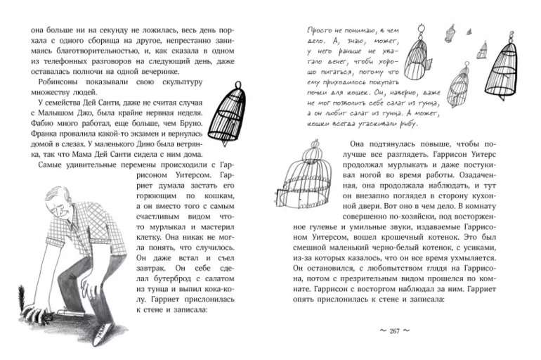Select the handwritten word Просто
coord(323,31)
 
